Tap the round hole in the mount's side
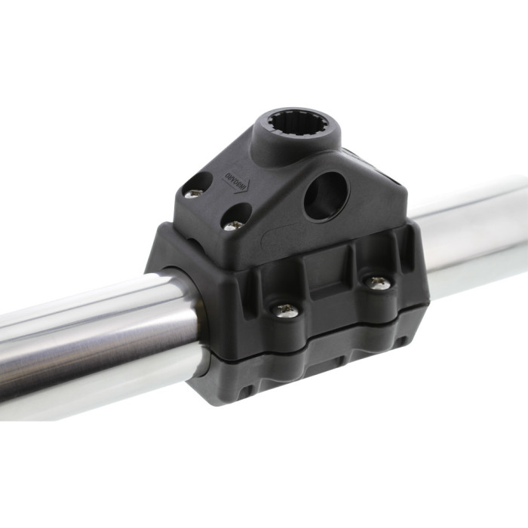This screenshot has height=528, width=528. coord(326,195)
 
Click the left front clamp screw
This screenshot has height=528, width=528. coord(286,309)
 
